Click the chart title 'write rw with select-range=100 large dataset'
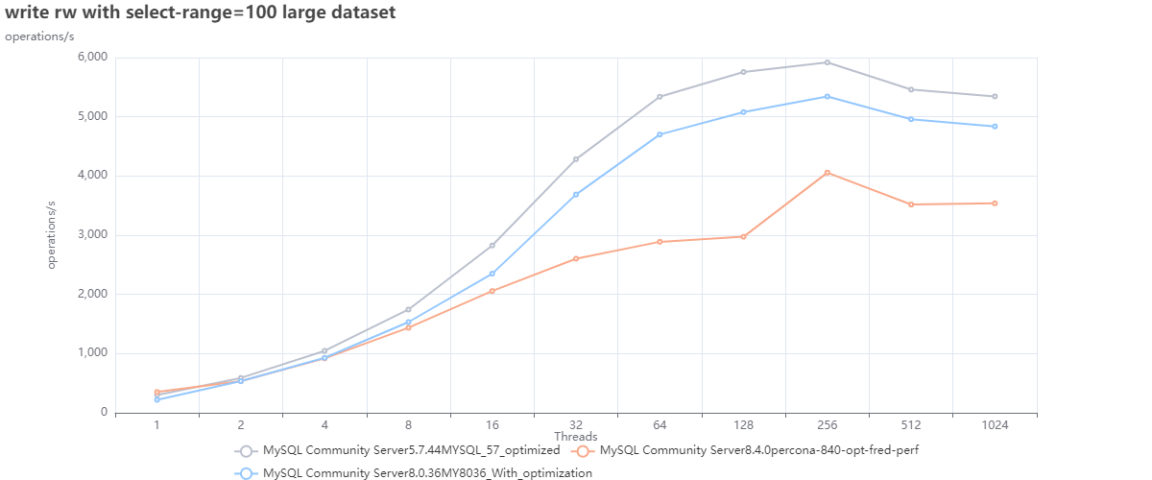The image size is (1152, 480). (x=200, y=13)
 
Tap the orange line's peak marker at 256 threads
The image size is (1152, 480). (x=828, y=173)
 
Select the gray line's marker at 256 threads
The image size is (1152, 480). (x=828, y=62)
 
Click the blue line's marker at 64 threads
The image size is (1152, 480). (x=660, y=134)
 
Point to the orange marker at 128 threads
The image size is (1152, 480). (x=744, y=236)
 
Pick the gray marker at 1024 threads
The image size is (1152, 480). (x=995, y=96)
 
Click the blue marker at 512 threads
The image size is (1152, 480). (x=911, y=119)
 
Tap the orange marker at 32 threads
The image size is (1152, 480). (x=576, y=258)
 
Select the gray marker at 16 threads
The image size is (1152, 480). (x=492, y=246)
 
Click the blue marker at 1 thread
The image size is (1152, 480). (x=156, y=399)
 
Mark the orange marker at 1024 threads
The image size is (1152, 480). (x=995, y=203)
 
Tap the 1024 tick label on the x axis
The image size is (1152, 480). (x=995, y=424)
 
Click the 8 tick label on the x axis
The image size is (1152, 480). (x=408, y=424)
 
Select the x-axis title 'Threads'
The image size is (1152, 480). (x=576, y=437)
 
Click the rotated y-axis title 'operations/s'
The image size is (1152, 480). (x=53, y=235)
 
